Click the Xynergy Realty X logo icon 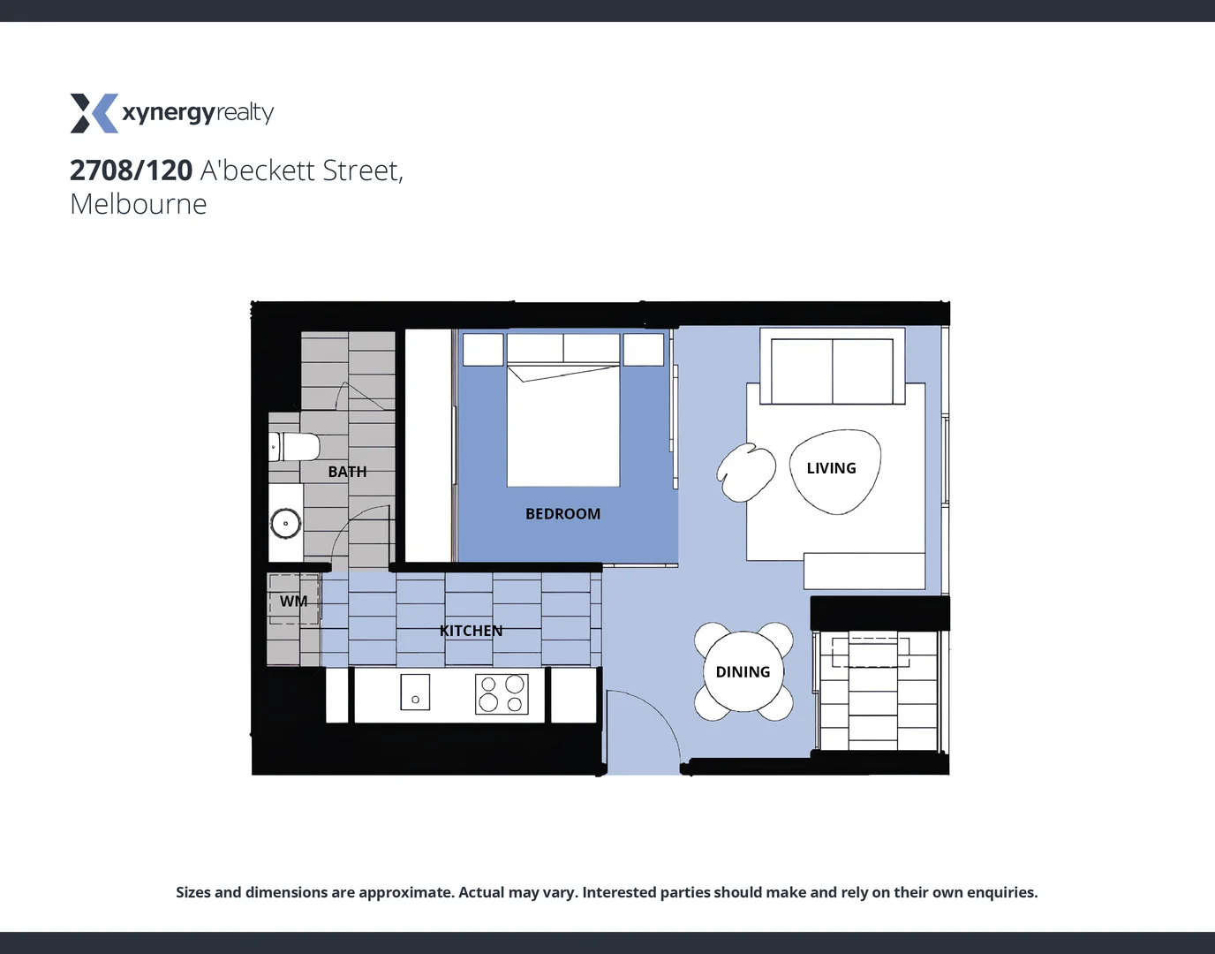click(x=94, y=113)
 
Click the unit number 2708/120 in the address click(x=131, y=170)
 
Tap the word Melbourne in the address click(x=139, y=204)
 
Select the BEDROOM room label click(x=562, y=514)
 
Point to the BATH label click(x=347, y=472)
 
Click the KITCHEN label click(x=471, y=631)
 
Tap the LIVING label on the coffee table click(x=831, y=468)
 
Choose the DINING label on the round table click(x=743, y=672)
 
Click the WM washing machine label click(x=293, y=602)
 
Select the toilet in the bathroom click(x=295, y=447)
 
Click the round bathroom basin click(x=285, y=523)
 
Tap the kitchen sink click(x=415, y=692)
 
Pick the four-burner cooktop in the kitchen click(x=502, y=693)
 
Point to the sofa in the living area click(x=832, y=371)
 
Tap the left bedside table click(x=483, y=350)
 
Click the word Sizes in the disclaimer click(x=192, y=892)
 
